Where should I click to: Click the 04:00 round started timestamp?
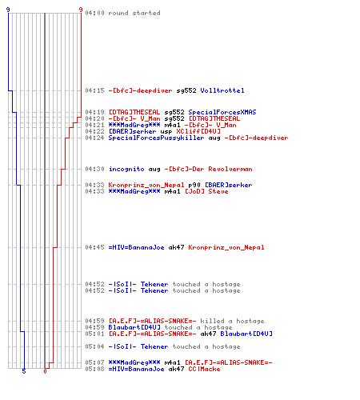pos(94,13)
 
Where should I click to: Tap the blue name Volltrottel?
pos(222,90)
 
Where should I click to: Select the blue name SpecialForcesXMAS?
pos(222,112)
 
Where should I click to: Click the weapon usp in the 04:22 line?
pos(166,132)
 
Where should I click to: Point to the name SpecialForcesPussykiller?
pos(156,138)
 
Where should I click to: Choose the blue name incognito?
pos(126,169)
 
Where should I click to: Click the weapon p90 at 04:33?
pos(194,185)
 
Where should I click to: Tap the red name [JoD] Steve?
pos(206,191)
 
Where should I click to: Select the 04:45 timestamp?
pos(94,247)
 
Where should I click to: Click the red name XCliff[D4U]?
pos(198,131)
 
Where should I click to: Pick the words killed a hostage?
pos(232,321)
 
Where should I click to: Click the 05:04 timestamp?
pos(94,346)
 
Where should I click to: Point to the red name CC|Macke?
pos(204,369)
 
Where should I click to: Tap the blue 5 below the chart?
pos(24,371)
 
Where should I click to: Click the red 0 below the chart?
pos(45,371)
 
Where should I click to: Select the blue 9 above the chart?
pos(8,10)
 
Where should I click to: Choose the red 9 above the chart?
pos(81,10)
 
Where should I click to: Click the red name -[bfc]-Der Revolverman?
pos(208,169)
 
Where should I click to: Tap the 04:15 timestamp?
pos(94,90)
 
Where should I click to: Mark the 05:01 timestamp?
pos(94,334)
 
